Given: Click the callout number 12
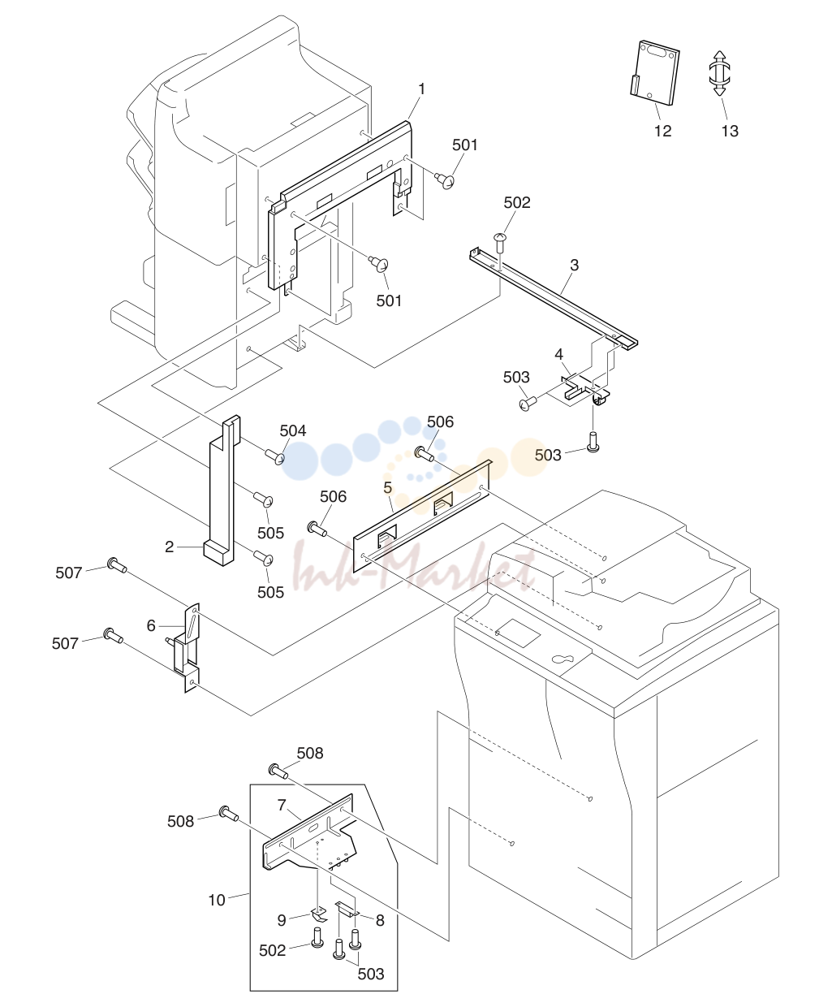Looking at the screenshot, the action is pos(663,131).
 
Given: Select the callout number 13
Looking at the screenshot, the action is pos(730,131).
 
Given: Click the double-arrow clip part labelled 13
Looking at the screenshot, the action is pos(720,73).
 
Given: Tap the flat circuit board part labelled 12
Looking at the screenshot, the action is pos(655,73).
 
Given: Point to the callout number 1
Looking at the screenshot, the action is pos(422,89).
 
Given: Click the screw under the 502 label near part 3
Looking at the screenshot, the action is pos(501,242).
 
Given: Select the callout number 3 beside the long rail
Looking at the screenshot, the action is pos(574,266).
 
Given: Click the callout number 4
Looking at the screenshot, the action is pos(558,354).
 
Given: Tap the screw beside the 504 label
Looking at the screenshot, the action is pos(275,456).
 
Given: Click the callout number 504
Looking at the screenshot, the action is pos(293,430).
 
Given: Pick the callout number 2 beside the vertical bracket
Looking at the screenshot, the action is pos(169,547).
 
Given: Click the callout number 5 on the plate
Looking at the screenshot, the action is pos(388,487).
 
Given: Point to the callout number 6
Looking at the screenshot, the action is pos(151,625).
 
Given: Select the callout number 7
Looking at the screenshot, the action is pos(282,805).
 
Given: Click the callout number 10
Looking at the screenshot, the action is pos(217,900).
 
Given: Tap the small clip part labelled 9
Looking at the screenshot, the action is pos(319,913).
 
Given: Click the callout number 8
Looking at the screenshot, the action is pos(381,920).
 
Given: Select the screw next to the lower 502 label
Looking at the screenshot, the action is pos(317,937).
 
